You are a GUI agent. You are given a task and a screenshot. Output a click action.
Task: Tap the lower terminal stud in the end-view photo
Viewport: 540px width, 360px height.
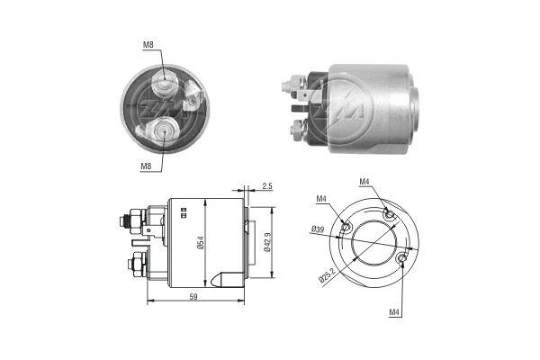click(166, 130)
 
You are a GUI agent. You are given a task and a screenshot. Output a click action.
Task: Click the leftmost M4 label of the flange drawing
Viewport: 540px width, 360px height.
click(321, 199)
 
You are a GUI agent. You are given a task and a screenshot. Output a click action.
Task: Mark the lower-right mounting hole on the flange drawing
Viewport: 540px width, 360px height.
click(402, 260)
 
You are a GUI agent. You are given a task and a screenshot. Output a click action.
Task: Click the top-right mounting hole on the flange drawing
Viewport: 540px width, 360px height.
click(387, 213)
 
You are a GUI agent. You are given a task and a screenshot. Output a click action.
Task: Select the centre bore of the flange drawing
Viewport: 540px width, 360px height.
click(376, 240)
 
